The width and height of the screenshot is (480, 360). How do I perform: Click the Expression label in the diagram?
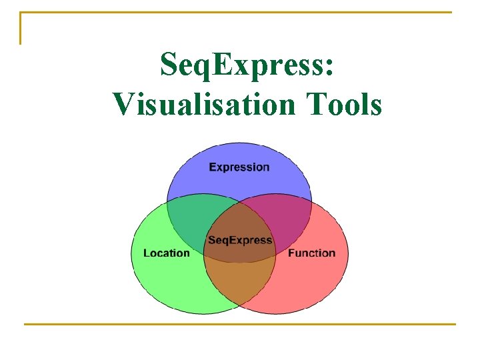[239, 167]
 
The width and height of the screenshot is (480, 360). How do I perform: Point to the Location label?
[167, 253]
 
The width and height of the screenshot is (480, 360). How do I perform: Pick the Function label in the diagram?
[311, 253]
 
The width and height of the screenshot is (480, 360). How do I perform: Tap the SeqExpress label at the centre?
[239, 240]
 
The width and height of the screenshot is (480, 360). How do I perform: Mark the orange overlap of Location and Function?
[239, 283]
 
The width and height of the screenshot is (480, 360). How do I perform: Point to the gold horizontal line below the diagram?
[239, 325]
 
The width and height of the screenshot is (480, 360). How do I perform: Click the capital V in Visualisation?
[125, 105]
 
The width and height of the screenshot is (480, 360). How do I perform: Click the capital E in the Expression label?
[213, 167]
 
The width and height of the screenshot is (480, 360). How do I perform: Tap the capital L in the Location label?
[147, 253]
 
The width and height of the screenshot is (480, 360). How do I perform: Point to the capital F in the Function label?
[291, 253]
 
